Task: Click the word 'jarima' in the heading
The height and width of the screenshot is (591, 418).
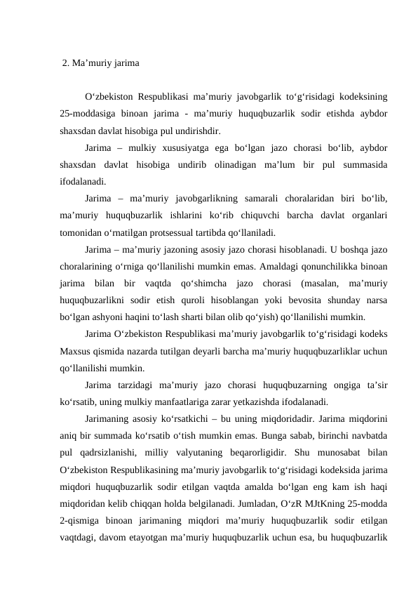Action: click(126, 63)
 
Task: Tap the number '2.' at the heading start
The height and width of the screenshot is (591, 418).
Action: click(66, 63)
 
